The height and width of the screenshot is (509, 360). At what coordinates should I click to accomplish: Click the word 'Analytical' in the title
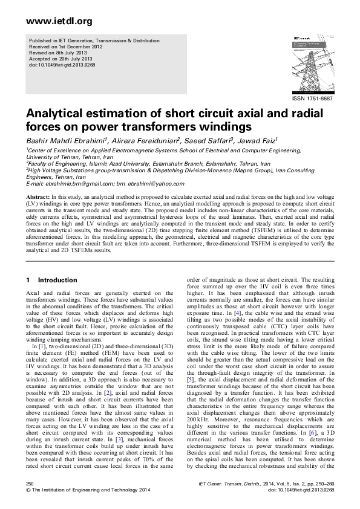(x=52, y=114)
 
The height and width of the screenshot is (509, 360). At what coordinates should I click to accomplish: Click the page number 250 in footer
(x=30, y=484)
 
